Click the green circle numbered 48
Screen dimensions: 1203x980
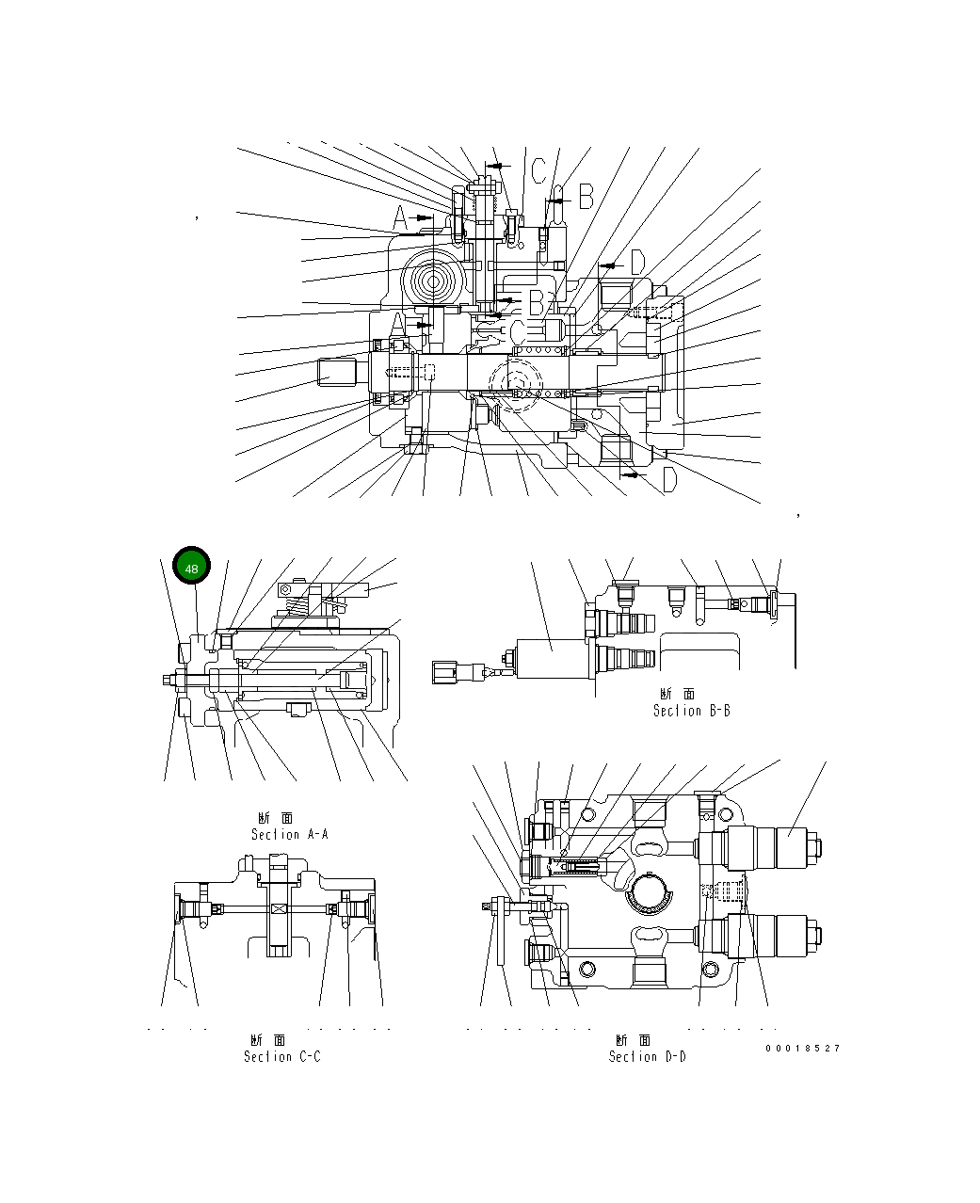click(x=191, y=569)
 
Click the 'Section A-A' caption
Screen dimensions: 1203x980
click(x=289, y=826)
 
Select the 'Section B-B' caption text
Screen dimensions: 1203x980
click(x=691, y=703)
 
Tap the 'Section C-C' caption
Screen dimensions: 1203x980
click(x=281, y=1049)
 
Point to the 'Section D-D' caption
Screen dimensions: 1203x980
click(x=647, y=1049)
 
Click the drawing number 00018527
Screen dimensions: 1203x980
click(x=802, y=1048)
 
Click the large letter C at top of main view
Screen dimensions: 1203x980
click(x=538, y=171)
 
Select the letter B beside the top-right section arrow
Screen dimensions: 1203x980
click(x=586, y=196)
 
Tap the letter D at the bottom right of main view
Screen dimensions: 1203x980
click(x=668, y=480)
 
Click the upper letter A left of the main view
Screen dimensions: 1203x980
click(x=400, y=218)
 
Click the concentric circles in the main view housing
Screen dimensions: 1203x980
click(x=436, y=280)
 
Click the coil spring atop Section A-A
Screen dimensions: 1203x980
click(x=297, y=605)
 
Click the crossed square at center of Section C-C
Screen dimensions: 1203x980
click(x=278, y=908)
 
